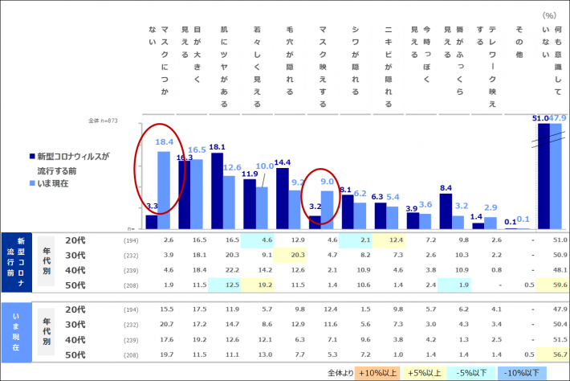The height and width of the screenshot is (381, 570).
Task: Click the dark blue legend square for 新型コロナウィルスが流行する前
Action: (31, 156)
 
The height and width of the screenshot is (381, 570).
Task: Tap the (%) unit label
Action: (549, 14)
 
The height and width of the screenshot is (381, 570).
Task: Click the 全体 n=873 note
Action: (104, 121)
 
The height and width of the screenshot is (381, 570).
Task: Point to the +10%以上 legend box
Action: (378, 373)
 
